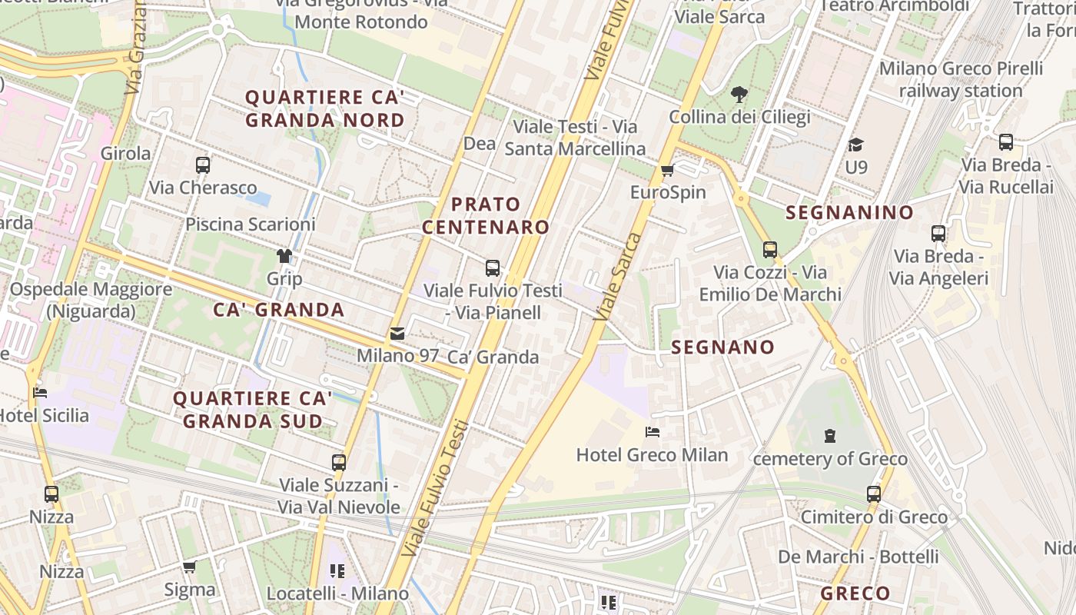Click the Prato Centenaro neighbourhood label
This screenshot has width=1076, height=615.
486,215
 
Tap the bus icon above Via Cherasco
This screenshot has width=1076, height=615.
203,165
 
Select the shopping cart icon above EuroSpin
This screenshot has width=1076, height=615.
667,170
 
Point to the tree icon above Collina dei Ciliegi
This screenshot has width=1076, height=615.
739,95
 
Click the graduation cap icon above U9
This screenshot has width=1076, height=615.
855,145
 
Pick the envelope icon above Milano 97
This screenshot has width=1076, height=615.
397,334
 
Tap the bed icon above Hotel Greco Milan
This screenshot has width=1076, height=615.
653,432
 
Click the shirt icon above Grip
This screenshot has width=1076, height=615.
284,256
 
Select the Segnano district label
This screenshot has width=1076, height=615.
722,347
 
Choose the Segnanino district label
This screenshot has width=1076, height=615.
849,212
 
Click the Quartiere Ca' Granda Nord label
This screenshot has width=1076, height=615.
324,108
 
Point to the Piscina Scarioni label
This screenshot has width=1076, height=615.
251,224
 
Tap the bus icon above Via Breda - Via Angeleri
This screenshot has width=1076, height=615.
938,234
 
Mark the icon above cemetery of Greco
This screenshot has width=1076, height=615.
830,436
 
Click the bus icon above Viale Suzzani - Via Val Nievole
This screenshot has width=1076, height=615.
339,462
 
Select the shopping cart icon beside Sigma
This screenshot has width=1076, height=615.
189,567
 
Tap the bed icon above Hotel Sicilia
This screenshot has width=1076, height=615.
41,393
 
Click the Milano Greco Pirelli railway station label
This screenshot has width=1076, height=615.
961,79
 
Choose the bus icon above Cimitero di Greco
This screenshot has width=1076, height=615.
874,494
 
